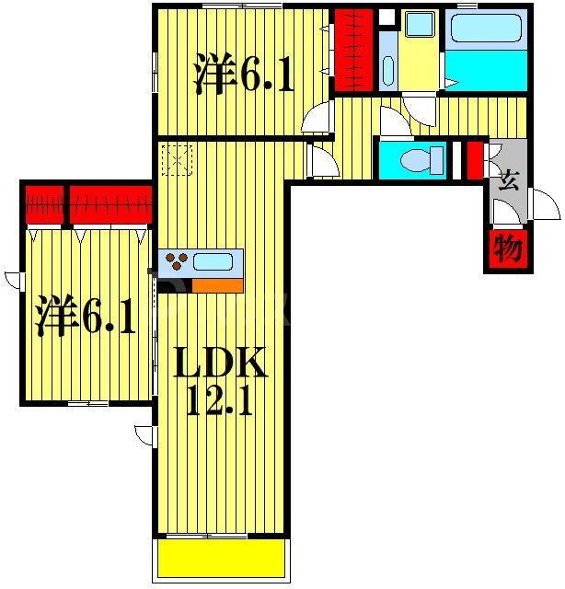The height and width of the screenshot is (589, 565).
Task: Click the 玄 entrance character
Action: point(507,180)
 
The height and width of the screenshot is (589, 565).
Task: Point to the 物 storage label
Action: point(507,248)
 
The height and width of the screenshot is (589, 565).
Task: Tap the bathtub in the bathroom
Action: point(486,30)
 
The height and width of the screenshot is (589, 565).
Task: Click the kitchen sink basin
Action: point(213,261)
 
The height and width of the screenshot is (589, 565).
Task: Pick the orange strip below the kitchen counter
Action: point(217,285)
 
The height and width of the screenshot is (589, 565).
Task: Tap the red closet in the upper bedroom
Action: point(352,51)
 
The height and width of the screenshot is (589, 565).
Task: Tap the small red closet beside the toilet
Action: point(474,158)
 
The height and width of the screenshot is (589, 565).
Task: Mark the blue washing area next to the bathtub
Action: point(486,70)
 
